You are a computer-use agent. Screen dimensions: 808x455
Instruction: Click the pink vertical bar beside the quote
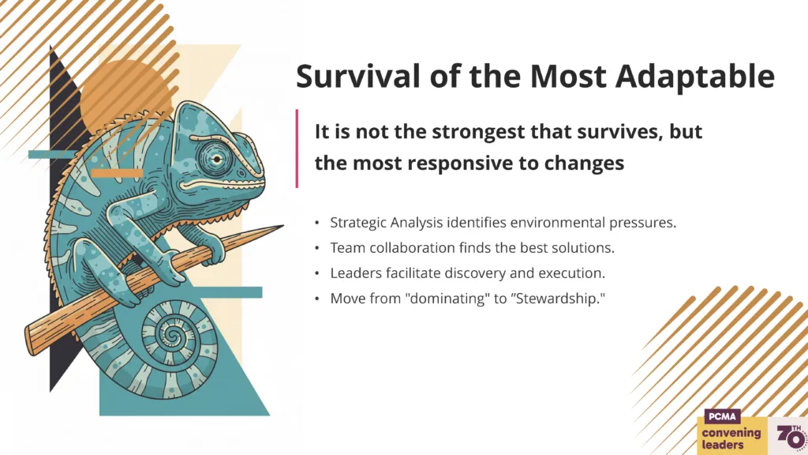point(297,149)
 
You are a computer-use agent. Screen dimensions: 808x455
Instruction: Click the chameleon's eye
point(217,158)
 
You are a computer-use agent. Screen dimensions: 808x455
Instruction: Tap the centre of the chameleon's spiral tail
point(173,337)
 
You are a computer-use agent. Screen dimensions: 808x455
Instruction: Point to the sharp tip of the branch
point(283,225)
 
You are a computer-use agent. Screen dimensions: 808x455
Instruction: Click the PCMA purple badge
point(722,416)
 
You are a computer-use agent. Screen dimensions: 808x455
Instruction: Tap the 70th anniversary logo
point(791,437)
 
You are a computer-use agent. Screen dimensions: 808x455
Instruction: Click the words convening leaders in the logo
point(731,438)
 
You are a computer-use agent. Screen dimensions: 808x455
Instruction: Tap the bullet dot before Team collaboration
point(317,249)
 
